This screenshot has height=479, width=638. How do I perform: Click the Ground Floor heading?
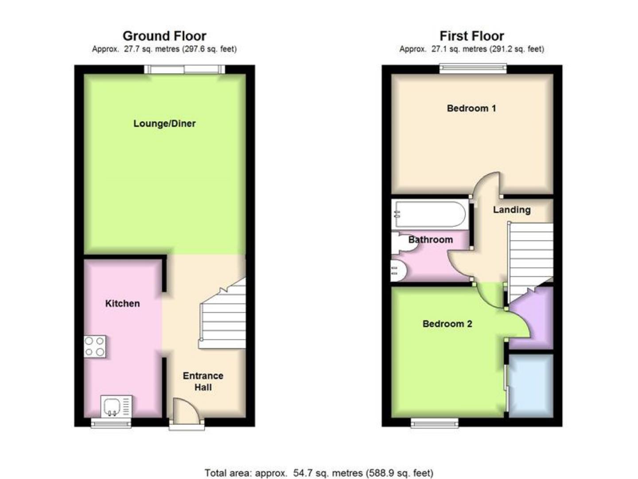coord(164,36)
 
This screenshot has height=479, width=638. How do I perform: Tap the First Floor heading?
coord(471,36)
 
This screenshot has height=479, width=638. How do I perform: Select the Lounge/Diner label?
coord(164,124)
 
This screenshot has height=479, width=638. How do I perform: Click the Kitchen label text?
coord(122,304)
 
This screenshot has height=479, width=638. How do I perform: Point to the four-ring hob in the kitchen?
coord(95,346)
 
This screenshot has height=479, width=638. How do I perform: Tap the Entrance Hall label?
coord(203,381)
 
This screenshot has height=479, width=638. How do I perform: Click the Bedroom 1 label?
coord(471,108)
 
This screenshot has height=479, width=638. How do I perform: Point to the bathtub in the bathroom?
coord(429,214)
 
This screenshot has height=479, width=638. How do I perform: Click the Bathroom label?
coord(430,240)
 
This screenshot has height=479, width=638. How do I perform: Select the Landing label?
coord(512,210)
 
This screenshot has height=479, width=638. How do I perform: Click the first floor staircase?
coord(530,257)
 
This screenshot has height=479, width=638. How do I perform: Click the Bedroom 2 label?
coord(447,324)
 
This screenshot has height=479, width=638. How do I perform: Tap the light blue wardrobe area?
coord(530,385)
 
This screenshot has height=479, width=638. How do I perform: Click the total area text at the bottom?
coord(319,473)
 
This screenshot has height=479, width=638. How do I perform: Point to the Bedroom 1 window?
coord(473,68)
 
